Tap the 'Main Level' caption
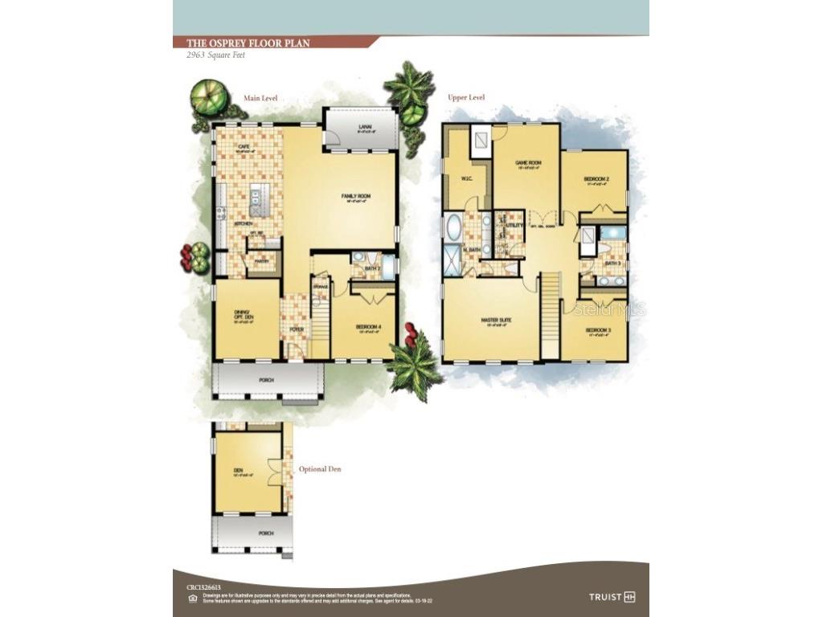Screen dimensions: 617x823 point(260,98)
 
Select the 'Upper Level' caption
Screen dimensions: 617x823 point(466,97)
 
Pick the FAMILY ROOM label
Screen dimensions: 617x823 point(355,195)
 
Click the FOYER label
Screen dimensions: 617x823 point(294,329)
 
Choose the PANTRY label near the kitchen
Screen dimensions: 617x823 point(262,260)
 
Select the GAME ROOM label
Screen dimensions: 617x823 point(527,163)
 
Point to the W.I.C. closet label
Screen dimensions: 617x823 point(465,178)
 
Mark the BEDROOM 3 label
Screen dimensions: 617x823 point(597,330)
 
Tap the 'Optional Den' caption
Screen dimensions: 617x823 point(320,469)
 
